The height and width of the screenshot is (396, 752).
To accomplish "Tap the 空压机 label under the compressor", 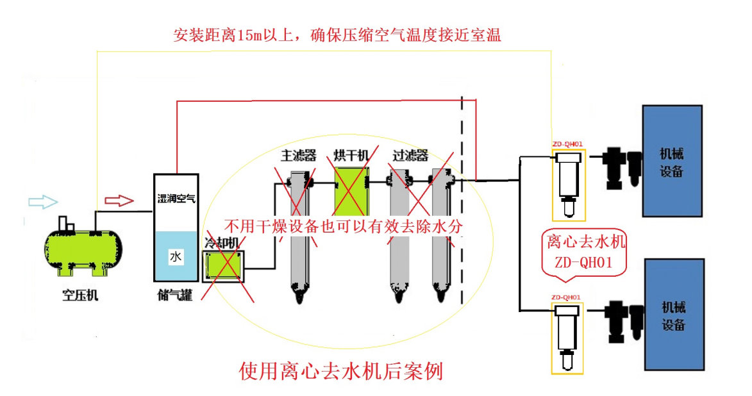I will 81,296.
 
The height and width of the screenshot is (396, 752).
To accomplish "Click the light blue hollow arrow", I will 43,202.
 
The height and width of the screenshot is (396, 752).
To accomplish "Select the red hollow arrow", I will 120,201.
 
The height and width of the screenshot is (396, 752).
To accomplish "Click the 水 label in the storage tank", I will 176,257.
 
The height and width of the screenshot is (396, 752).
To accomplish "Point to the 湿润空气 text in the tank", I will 176,198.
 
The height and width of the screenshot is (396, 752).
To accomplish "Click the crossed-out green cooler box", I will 222,267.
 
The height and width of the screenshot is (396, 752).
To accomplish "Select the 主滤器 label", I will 299,156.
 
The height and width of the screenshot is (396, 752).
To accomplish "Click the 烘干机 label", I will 351,156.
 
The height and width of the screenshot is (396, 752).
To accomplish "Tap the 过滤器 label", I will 410,156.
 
